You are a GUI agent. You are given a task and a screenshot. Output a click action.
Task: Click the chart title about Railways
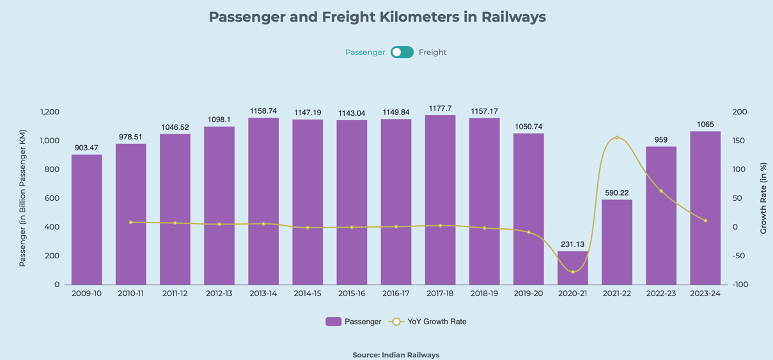[x=377, y=17]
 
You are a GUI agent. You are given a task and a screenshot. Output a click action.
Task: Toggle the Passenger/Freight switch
[x=402, y=52]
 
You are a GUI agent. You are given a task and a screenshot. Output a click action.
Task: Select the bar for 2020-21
[x=572, y=268]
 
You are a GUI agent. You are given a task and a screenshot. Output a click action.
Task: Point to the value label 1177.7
[x=440, y=109]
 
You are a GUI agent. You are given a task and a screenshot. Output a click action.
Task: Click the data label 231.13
[x=572, y=244]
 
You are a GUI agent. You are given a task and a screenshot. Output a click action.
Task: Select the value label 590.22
[x=616, y=193]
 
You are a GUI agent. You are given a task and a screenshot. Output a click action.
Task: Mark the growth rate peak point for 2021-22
[x=616, y=137]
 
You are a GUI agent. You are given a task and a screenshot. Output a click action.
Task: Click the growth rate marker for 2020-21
[x=572, y=272]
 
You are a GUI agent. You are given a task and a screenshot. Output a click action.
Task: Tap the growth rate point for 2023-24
[x=705, y=221]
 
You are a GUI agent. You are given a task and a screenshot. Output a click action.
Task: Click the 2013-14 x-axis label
[x=263, y=293]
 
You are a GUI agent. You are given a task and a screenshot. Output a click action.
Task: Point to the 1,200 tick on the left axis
[x=49, y=112]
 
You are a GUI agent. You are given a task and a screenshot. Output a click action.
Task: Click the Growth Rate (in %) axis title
[x=763, y=198]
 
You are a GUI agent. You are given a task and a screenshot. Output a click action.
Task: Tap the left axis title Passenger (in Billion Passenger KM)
[x=22, y=198]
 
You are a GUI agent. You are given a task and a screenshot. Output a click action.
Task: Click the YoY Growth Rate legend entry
[x=428, y=322]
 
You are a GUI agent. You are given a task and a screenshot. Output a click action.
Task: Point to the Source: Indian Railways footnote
[x=396, y=355]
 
